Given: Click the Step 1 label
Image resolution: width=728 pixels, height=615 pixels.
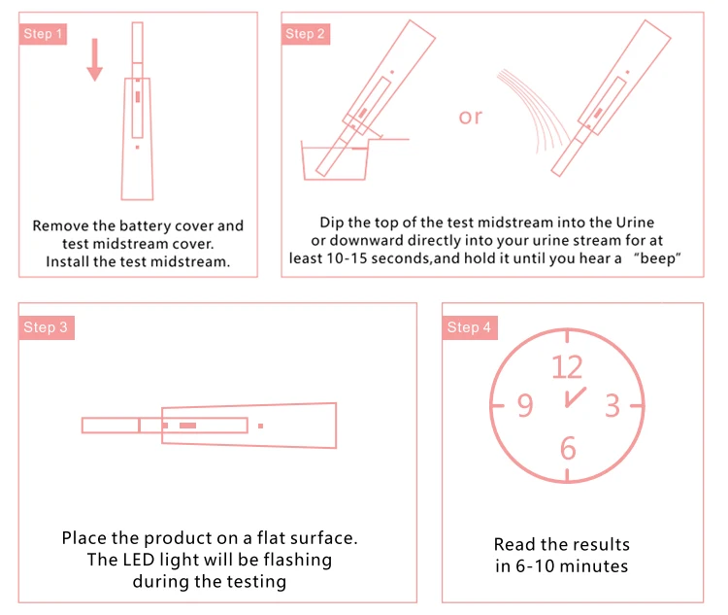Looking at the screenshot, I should (x=44, y=34).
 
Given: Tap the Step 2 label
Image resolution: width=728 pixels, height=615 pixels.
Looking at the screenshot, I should (x=306, y=34).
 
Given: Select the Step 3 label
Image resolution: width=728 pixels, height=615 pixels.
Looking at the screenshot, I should (x=46, y=327).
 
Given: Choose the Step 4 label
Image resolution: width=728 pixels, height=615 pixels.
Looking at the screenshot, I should (x=469, y=327).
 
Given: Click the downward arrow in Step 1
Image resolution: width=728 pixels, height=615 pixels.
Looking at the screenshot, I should (x=94, y=60).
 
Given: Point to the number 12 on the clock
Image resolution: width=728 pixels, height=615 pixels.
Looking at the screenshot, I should (x=567, y=366).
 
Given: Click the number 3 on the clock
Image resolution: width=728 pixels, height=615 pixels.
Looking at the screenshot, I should (x=612, y=405).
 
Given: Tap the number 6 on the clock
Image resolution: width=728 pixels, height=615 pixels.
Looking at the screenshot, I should (x=568, y=448).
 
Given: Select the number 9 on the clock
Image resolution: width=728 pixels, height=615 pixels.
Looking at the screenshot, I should (x=524, y=405).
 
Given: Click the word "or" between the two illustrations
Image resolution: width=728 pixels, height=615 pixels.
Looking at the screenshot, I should (x=471, y=117).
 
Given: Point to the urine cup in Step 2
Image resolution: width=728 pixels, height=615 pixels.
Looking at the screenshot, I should (x=335, y=162).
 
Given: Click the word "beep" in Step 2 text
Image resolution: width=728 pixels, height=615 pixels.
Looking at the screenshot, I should (x=659, y=258).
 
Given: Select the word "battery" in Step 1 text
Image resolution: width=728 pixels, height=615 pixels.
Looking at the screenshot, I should (x=157, y=225).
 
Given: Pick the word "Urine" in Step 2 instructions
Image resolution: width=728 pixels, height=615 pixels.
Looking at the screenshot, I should (x=635, y=222).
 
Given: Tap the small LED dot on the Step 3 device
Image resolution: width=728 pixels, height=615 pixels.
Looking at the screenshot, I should (x=260, y=426).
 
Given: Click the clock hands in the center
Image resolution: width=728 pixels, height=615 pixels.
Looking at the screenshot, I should (x=573, y=398).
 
